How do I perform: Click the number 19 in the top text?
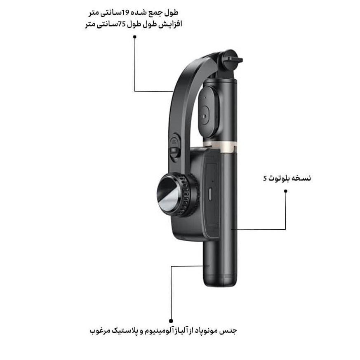click(126, 13)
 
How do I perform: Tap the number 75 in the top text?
click(122, 24)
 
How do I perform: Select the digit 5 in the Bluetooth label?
click(265, 178)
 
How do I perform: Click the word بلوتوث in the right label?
click(279, 178)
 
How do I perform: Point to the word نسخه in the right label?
click(301, 178)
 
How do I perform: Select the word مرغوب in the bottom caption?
click(99, 331)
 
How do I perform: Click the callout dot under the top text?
click(135, 37)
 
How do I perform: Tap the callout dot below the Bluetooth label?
click(286, 191)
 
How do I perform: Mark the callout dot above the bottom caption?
click(171, 321)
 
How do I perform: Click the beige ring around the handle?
click(220, 147)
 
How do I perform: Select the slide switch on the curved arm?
click(174, 148)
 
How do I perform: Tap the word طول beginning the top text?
click(171, 13)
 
